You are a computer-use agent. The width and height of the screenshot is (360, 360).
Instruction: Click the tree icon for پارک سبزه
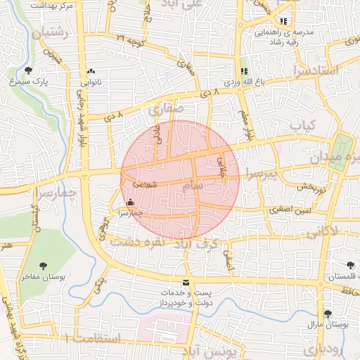tap(29, 70)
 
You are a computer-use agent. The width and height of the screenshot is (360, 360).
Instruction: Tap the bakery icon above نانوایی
tap(91, 72)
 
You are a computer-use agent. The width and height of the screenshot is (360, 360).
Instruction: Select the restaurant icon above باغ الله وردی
tap(244, 72)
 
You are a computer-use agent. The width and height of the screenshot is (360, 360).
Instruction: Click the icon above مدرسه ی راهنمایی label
tap(284, 21)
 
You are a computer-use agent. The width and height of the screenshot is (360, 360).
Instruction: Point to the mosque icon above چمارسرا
tap(129, 202)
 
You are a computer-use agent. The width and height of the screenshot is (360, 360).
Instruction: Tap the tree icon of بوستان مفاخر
tap(44, 266)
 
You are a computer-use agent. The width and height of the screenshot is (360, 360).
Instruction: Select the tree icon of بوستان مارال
tap(327, 314)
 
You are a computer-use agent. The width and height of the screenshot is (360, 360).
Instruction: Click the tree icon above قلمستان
tap(350, 265)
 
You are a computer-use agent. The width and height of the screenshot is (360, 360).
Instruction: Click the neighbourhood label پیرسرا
tap(262, 173)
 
